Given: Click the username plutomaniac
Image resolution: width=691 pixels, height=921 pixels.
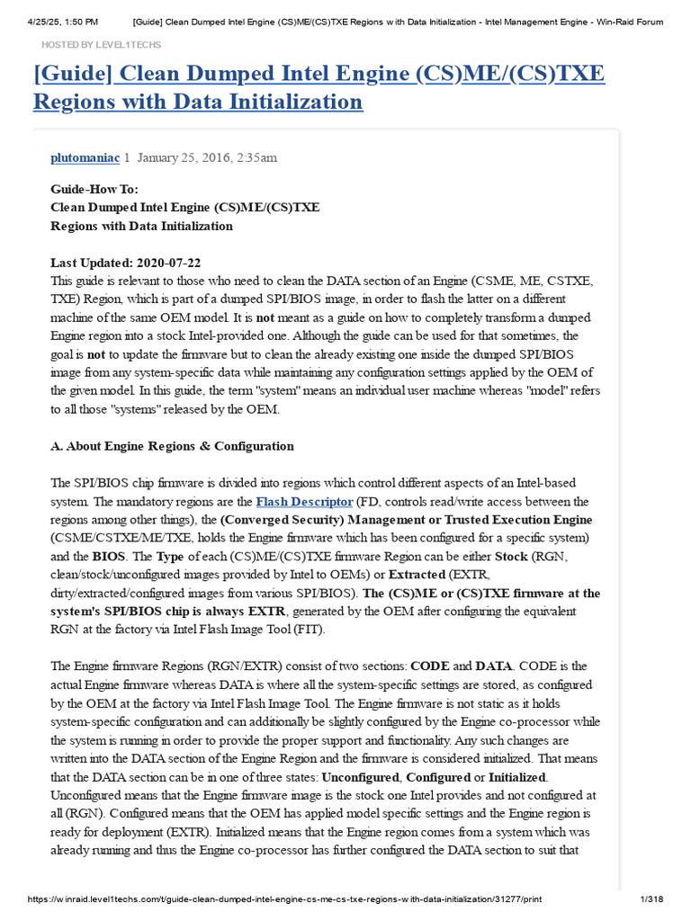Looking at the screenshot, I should [85, 157].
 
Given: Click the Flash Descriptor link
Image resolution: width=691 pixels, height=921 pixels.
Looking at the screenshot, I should [304, 501].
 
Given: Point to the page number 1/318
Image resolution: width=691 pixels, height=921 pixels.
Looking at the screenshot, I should [649, 899].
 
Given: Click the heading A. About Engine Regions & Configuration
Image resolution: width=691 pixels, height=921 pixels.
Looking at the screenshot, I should [172, 446].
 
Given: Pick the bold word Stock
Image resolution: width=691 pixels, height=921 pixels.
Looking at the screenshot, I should [512, 556].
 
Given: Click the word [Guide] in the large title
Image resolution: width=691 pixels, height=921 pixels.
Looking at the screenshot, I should [71, 74].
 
